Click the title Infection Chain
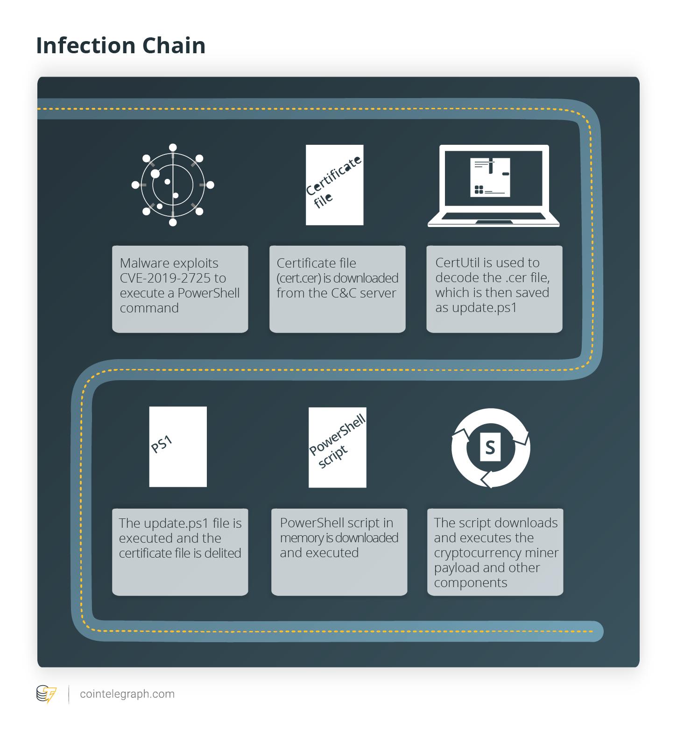tap(121, 46)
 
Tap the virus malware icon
tap(173, 185)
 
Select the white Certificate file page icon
tap(335, 185)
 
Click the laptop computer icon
tap(494, 186)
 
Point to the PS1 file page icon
tap(178, 446)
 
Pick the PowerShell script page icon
tap(338, 447)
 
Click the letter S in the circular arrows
tap(490, 447)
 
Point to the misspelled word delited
tap(223, 553)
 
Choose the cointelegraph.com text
tap(127, 694)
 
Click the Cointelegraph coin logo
tap(46, 694)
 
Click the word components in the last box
tap(471, 583)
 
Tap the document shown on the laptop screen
tap(490, 177)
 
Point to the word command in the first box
tap(149, 308)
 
